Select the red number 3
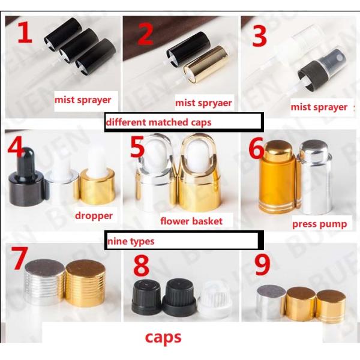[259, 36]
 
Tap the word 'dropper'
[94, 216]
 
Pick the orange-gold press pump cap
[278, 178]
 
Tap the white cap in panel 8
[215, 300]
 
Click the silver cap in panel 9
[271, 302]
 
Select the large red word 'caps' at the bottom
[163, 337]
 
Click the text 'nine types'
[131, 242]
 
